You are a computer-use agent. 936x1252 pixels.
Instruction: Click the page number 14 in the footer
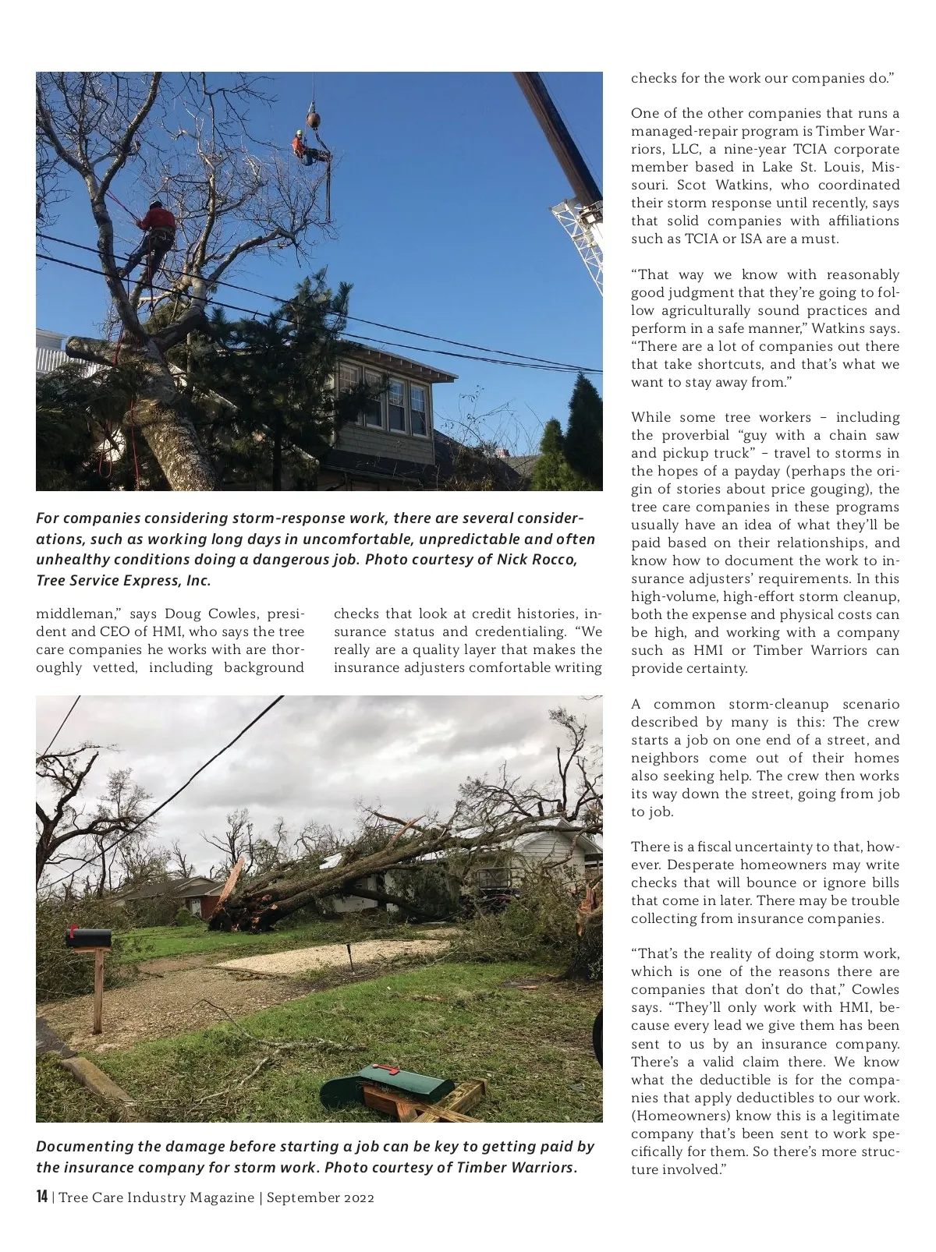(x=42, y=1197)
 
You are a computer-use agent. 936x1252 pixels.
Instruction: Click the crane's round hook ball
(x=313, y=118)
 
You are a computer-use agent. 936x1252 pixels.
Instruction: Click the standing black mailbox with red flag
(x=88, y=938)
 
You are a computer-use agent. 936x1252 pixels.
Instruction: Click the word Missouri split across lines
(x=885, y=167)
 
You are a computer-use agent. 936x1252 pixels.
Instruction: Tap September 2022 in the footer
(x=321, y=1197)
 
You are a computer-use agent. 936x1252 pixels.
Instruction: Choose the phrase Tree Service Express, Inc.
(x=123, y=580)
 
